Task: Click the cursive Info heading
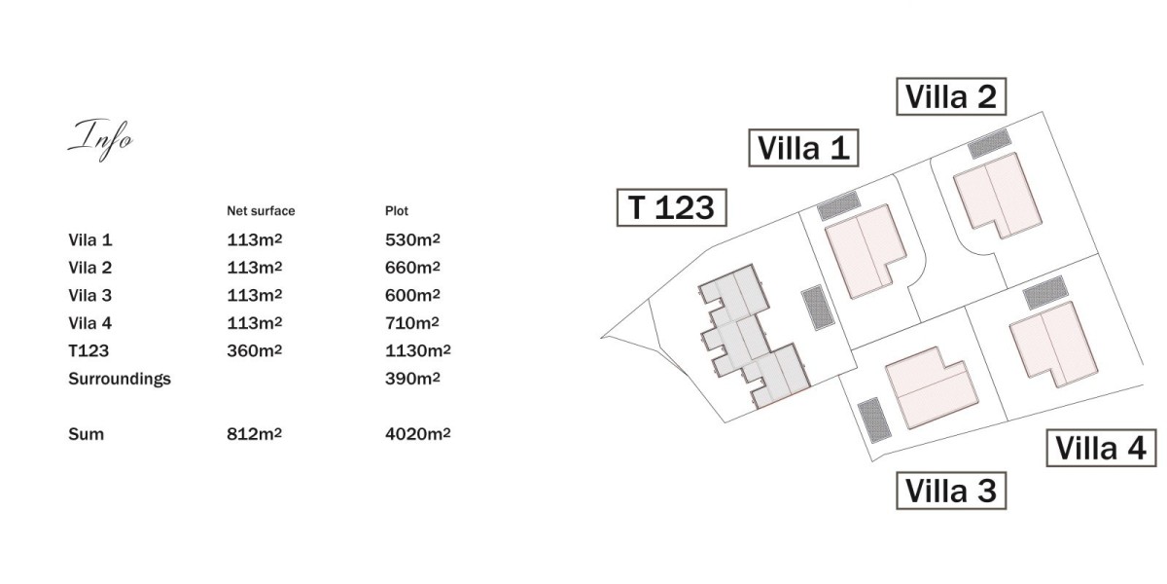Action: (100, 139)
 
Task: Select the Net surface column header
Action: (261, 211)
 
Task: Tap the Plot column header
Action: (397, 211)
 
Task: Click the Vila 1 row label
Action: (90, 239)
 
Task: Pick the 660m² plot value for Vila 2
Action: (412, 268)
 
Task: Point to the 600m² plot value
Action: (412, 295)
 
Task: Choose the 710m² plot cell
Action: (412, 323)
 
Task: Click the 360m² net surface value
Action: (254, 350)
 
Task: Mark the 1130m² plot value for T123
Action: (418, 350)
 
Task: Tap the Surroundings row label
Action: (120, 379)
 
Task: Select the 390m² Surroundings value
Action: (412, 378)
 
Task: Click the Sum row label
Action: (86, 434)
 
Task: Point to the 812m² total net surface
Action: (254, 434)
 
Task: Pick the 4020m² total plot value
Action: (418, 434)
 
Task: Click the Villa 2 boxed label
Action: (951, 96)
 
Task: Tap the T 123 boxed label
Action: (672, 207)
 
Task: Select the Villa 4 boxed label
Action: (1101, 448)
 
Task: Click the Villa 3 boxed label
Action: (951, 491)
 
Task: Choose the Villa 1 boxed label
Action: (804, 148)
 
